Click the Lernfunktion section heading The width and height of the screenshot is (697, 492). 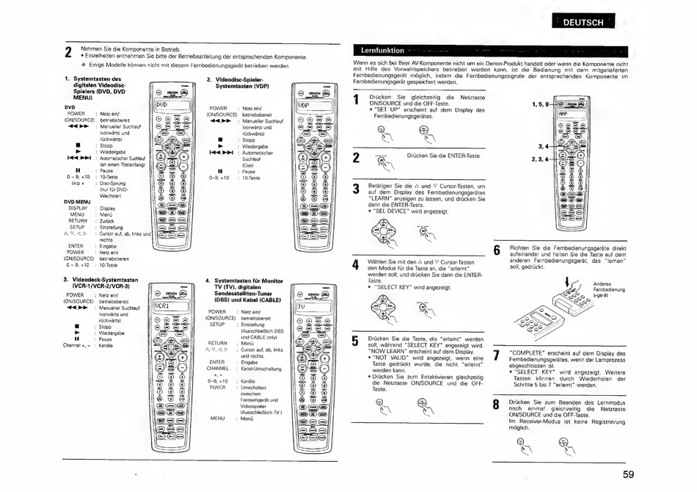click(x=384, y=51)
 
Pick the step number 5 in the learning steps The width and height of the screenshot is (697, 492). click(x=356, y=342)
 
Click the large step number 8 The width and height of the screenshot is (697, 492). click(x=497, y=405)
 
